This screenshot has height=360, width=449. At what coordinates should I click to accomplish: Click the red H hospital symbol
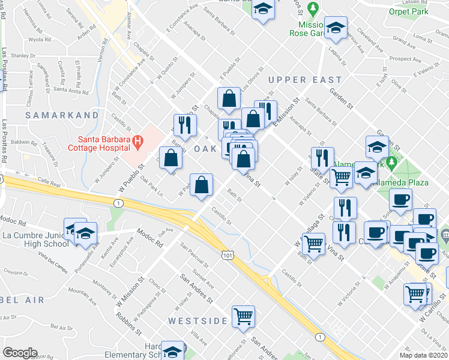(x=138, y=142)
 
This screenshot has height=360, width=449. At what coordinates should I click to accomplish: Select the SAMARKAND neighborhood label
(x=62, y=115)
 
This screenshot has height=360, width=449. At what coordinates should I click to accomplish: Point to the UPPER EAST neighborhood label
(x=305, y=80)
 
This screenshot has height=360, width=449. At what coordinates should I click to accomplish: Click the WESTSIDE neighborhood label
(x=197, y=321)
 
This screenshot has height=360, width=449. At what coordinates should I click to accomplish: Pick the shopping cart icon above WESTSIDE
(x=243, y=316)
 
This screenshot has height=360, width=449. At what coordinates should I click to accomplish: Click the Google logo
(x=20, y=353)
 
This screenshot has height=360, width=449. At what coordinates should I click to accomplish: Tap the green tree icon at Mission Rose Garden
(x=312, y=8)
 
